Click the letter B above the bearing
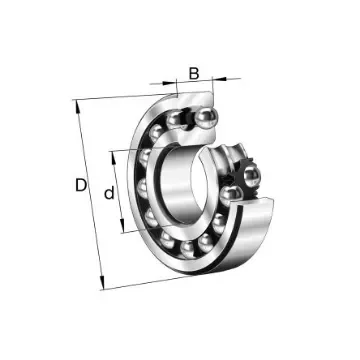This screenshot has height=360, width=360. coord(193,72)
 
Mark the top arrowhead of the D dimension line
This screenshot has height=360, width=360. coord(76,103)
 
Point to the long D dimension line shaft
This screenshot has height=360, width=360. coord(90,190)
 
